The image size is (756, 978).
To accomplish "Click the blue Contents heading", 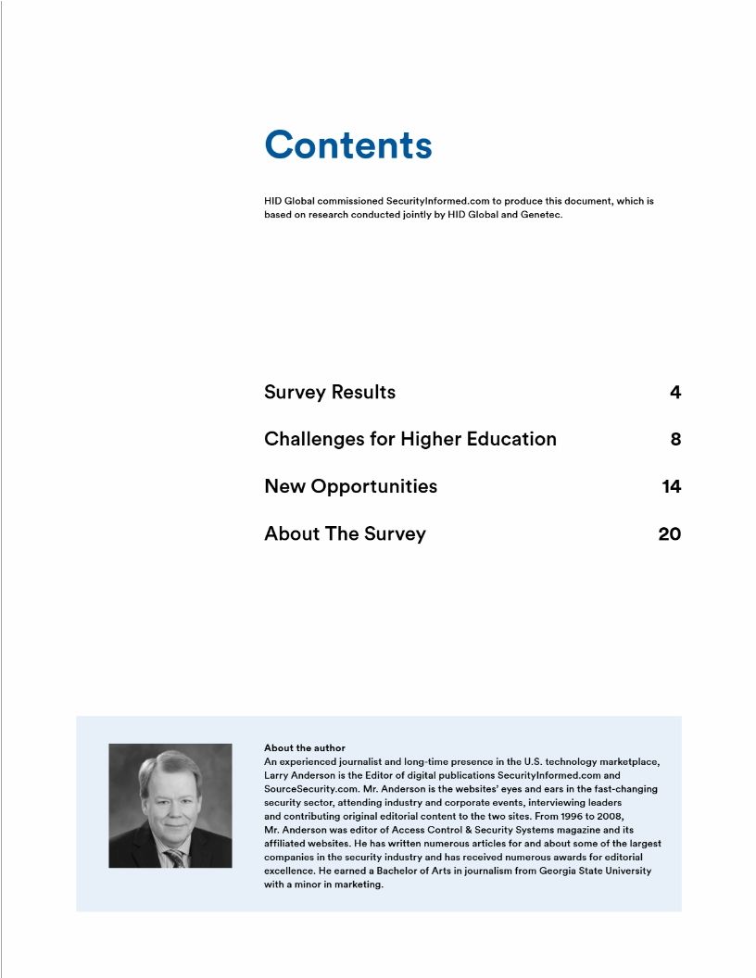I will click(x=347, y=145).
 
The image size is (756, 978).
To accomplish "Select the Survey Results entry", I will click(x=329, y=393).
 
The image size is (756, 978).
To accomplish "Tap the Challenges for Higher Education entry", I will click(x=409, y=440).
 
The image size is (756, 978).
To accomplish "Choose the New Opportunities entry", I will click(x=350, y=487).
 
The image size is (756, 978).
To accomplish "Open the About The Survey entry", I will click(x=345, y=534).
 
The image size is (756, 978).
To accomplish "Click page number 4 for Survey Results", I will click(x=675, y=393).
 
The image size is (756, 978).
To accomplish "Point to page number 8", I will click(x=675, y=440).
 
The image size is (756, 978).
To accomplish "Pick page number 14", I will click(x=672, y=487).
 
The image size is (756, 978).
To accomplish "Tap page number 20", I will click(x=669, y=534).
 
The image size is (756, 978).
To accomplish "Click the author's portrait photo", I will click(x=170, y=805).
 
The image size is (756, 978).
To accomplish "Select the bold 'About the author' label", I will click(x=305, y=747).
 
